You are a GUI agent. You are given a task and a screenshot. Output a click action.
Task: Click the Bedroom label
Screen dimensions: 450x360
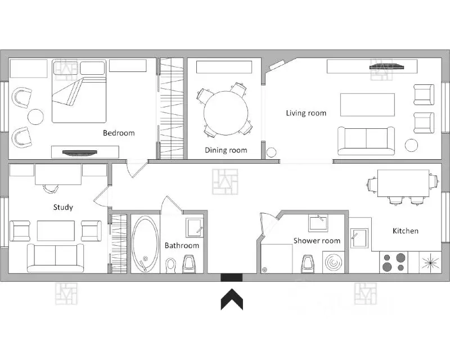click(119, 133)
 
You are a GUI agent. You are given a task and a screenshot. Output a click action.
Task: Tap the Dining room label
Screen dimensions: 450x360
click(226, 150)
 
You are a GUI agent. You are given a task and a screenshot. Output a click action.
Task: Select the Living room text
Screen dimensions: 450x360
click(306, 113)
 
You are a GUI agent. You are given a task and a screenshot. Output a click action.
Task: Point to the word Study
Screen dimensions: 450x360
click(63, 207)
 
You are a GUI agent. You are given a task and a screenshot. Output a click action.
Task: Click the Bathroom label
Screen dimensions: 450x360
click(182, 245)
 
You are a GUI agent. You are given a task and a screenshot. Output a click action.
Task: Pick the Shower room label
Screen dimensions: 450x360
click(317, 241)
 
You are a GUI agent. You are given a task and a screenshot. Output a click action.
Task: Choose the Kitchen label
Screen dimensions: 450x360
click(405, 231)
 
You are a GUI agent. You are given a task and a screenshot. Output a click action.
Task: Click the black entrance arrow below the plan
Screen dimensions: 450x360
click(232, 299)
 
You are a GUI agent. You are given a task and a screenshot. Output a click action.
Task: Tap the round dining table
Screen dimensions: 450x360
click(226, 113)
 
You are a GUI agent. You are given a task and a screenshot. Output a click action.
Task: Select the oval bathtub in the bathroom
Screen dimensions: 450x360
click(145, 244)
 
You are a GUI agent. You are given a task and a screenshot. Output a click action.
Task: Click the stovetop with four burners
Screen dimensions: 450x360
click(393, 262)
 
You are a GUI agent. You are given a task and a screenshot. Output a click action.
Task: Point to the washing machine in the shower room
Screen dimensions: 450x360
click(334, 262)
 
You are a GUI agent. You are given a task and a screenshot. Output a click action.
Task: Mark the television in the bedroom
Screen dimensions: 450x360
click(79, 153)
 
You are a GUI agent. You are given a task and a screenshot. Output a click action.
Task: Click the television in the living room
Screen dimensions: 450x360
click(386, 67)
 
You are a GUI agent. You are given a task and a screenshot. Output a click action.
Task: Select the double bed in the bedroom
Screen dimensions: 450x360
click(79, 91)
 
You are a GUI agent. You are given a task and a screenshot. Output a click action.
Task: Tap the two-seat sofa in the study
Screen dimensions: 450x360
click(55, 258)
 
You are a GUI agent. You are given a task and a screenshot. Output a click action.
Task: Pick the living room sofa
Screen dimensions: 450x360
click(366, 141)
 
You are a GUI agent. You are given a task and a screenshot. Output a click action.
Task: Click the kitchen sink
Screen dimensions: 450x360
click(359, 238)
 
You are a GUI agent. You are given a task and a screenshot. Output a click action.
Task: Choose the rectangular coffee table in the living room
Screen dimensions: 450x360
click(367, 105)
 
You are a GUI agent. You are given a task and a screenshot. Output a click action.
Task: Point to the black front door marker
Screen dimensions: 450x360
click(231, 278)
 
